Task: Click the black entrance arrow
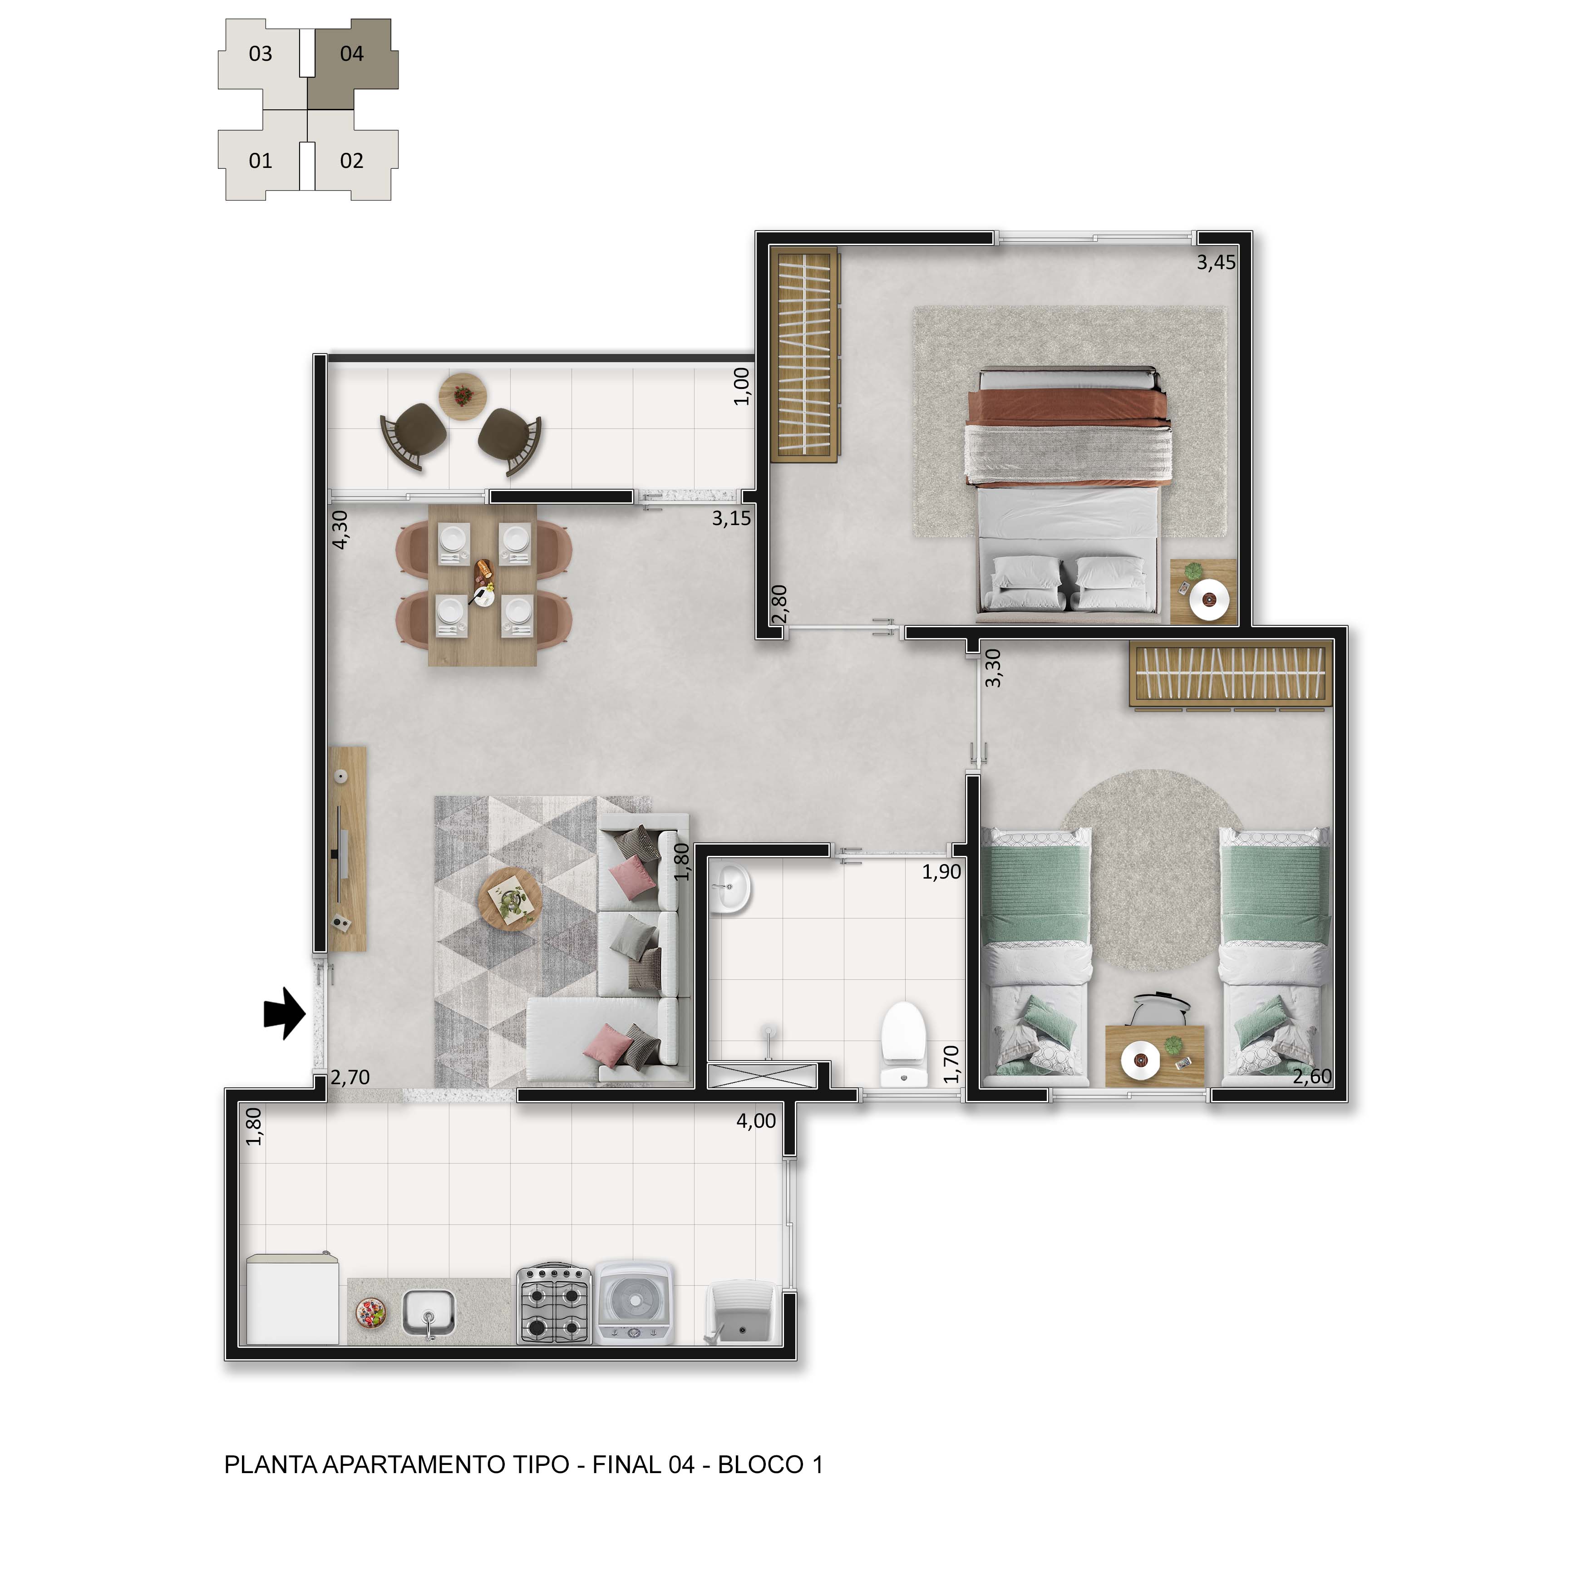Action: coord(284,1013)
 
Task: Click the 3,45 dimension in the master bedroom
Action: coord(1216,262)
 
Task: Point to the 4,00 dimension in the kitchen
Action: coord(756,1120)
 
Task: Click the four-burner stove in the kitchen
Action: coord(554,1304)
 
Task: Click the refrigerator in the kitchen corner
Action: coord(293,1300)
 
